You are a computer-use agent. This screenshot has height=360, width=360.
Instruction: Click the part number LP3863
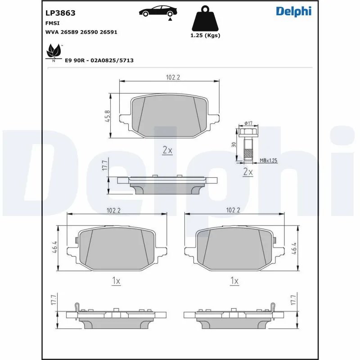click(x=60, y=13)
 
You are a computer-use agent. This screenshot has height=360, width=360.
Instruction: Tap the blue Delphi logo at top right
click(x=293, y=12)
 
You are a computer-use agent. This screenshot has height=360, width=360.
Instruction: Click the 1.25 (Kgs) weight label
click(x=206, y=36)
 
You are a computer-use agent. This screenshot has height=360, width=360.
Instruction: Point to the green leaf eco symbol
click(x=54, y=52)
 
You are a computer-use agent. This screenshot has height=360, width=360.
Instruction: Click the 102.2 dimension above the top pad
click(x=173, y=77)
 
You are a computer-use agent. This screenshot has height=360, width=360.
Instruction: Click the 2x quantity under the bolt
click(x=248, y=172)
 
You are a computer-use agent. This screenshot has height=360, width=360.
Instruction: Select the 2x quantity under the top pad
click(x=167, y=150)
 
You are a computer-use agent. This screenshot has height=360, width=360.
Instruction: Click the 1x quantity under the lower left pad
click(x=116, y=281)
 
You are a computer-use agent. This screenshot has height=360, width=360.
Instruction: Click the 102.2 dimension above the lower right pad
click(x=233, y=210)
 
